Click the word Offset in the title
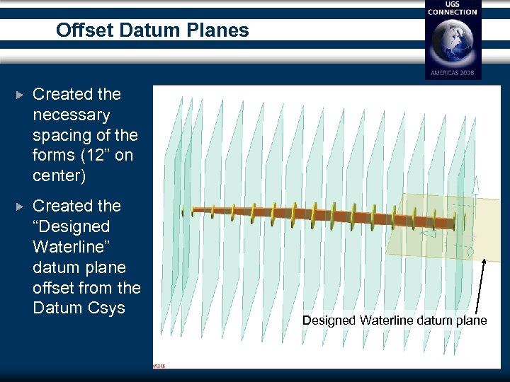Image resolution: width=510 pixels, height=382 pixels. click(x=80, y=30)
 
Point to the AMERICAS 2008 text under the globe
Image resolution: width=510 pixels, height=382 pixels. click(x=453, y=73)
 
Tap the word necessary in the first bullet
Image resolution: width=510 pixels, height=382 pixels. click(x=72, y=115)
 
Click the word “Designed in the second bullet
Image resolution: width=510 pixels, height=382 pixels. click(x=72, y=226)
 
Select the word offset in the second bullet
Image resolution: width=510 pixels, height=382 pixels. click(x=53, y=288)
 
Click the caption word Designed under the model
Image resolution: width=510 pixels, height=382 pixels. click(x=329, y=320)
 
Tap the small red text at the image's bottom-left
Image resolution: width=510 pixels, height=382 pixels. click(x=159, y=366)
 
